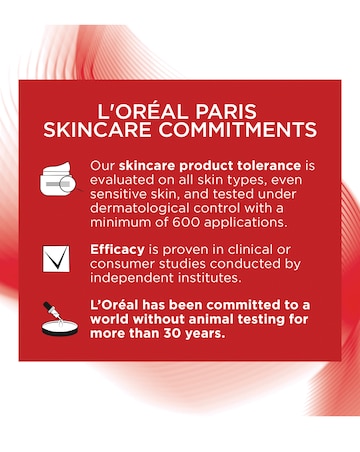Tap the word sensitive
pyautogui.click(x=121, y=193)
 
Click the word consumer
pyautogui.click(x=123, y=262)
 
